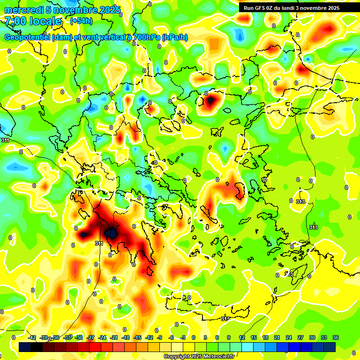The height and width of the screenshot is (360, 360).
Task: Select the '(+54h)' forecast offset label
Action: tap(81, 21)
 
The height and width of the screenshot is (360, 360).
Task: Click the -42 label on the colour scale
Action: tap(32, 337)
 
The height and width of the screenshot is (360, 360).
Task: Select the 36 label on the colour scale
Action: tap(336, 337)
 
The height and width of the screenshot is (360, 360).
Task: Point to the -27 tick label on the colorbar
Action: tap(90, 337)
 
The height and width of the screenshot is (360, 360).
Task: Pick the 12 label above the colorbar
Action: tap(242, 337)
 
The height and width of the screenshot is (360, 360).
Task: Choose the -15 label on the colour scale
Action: tap(137, 337)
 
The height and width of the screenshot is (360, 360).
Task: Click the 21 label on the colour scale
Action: tap(277, 337)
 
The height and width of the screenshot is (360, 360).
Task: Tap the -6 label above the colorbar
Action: tap(172, 337)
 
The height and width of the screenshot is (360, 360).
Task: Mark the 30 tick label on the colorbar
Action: tap(312, 337)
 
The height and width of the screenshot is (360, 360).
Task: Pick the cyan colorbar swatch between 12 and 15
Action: tap(247, 346)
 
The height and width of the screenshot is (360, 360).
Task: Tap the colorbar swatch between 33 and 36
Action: tap(330, 346)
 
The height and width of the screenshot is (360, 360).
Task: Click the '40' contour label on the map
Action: tap(154, 163)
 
